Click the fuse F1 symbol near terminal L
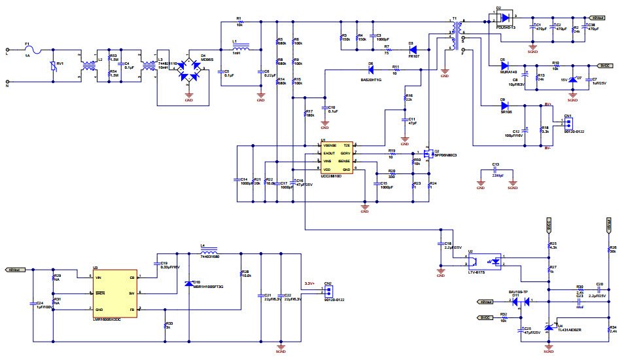pyautogui.click(x=27, y=50)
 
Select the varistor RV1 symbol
pyautogui.click(x=54, y=65)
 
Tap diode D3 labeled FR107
pyautogui.click(x=411, y=50)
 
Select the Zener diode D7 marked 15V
pyautogui.click(x=573, y=80)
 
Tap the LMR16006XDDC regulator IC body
pyautogui.click(x=114, y=293)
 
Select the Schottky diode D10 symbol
pyautogui.click(x=188, y=283)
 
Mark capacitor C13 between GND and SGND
pyautogui.click(x=496, y=171)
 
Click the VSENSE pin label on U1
pyautogui.click(x=330, y=145)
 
